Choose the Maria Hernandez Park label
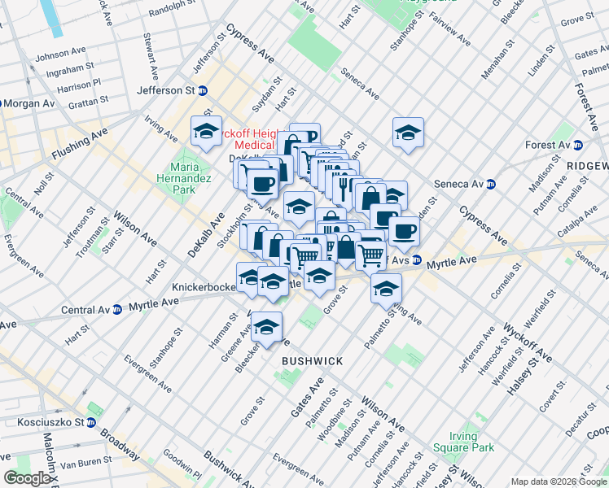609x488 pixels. coord(185,178)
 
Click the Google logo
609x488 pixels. coord(27,478)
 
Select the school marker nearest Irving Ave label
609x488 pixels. coord(206,132)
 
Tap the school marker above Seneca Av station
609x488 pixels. coord(408,133)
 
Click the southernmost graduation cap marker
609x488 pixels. coord(266,327)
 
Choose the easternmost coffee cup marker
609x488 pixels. coord(403,230)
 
